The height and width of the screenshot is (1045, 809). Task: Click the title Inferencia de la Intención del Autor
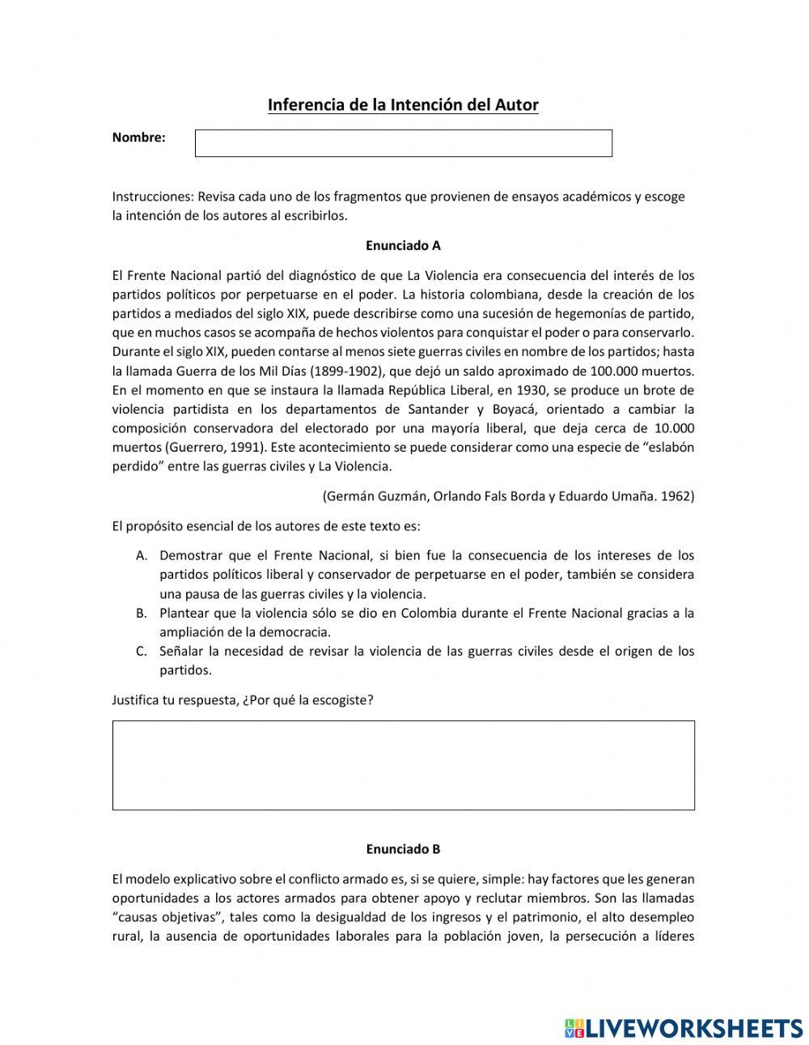[x=403, y=105]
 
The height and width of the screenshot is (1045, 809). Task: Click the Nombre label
[x=138, y=138]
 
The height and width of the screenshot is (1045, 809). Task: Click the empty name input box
[x=403, y=143]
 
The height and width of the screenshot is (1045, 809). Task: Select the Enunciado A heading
[x=403, y=245]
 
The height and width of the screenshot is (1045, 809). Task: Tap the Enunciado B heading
[x=403, y=849]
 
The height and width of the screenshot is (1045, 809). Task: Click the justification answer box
[x=403, y=765]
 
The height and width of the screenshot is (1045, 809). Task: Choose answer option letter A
[x=142, y=555]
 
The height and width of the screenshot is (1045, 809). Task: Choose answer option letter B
[x=142, y=613]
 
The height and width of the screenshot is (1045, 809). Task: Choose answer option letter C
[x=142, y=651]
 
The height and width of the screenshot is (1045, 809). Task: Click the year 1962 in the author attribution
[x=677, y=496]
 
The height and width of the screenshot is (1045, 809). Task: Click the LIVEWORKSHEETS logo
[x=684, y=1028]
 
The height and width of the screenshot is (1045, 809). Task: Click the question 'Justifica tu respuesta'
[x=175, y=700]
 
